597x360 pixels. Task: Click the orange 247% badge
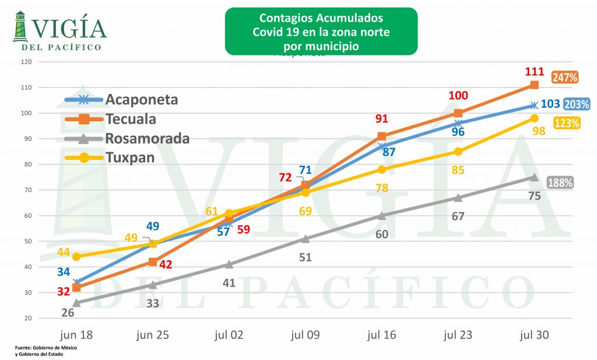(x=565, y=76)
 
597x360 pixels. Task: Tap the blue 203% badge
(x=577, y=104)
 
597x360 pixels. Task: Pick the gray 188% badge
(x=560, y=183)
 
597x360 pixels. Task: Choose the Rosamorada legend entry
(x=147, y=138)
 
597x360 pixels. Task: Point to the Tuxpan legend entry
(x=129, y=157)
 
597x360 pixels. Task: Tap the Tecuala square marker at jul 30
(x=534, y=85)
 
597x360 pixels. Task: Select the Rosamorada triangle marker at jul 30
(x=534, y=177)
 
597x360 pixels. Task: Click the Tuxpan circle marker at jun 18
(x=76, y=257)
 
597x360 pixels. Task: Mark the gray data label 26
(x=68, y=313)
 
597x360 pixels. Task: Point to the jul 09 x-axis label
(x=305, y=335)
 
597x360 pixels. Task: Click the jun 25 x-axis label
(x=152, y=335)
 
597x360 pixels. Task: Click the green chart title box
(x=321, y=31)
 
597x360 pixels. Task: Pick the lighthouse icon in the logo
(x=20, y=27)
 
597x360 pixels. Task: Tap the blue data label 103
(x=551, y=104)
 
